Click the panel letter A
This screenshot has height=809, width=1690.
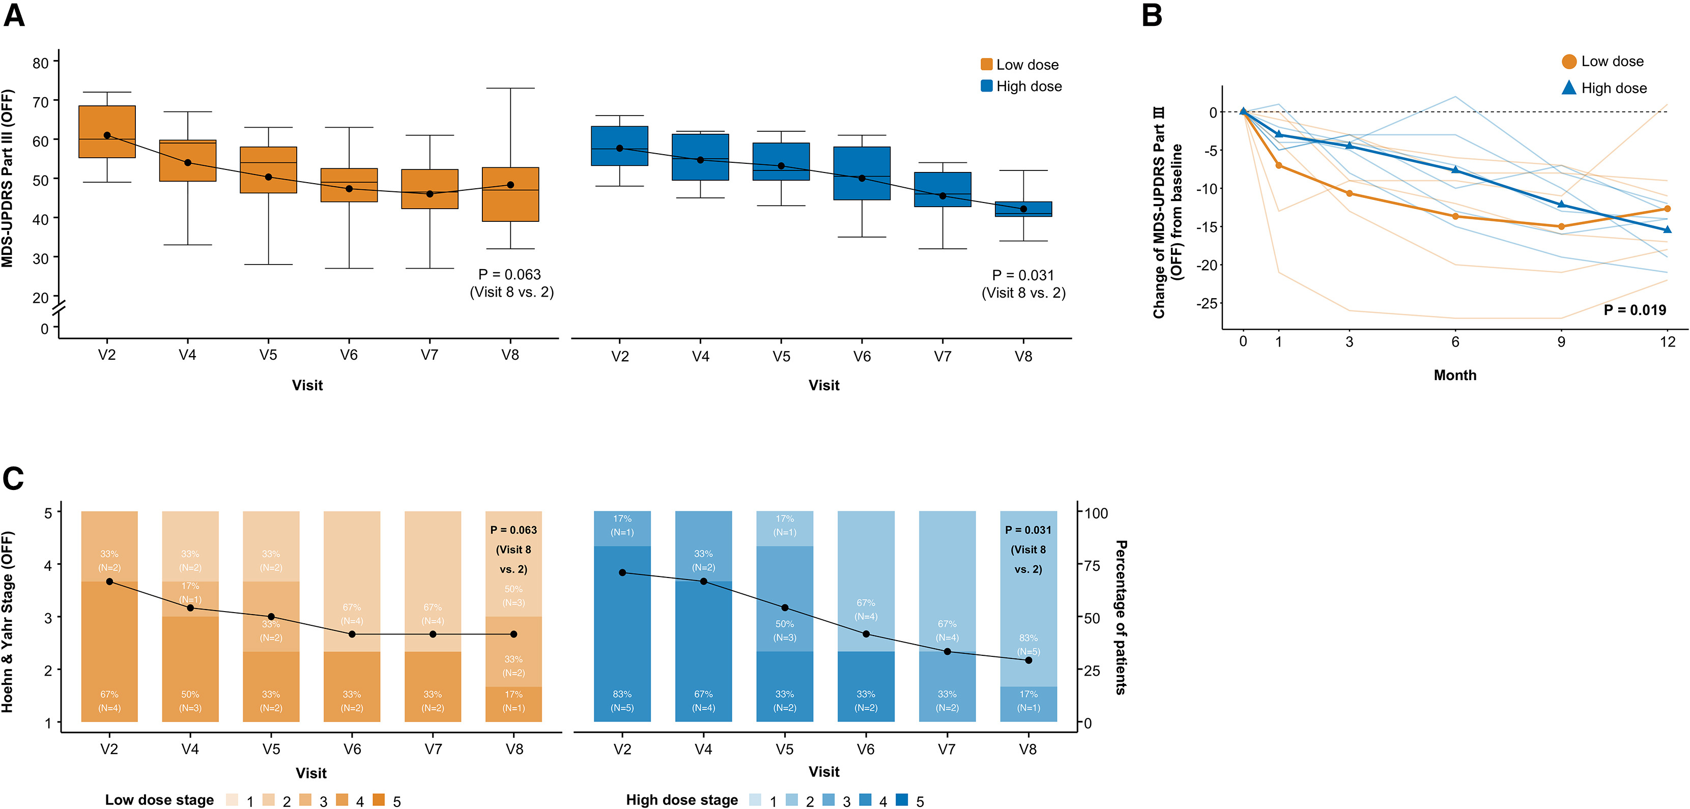point(14,14)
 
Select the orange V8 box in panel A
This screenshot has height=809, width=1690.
point(510,194)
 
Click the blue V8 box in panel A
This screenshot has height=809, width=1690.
point(1023,209)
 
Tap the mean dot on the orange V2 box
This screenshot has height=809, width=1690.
point(107,135)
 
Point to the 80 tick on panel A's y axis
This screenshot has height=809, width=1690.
point(41,63)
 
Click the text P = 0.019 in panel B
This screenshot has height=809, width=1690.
point(1634,310)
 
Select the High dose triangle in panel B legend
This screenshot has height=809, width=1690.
point(1568,88)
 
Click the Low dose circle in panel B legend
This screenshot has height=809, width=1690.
point(1568,62)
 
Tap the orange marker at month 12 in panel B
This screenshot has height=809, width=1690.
point(1667,209)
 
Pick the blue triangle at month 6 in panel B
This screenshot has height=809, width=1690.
point(1455,170)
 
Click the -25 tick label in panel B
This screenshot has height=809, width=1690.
point(1206,303)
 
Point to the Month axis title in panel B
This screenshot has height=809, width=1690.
point(1454,375)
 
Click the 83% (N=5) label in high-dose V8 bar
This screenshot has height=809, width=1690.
point(1028,644)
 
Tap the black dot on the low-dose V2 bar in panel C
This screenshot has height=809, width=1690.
point(109,582)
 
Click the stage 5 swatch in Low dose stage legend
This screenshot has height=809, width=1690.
point(379,800)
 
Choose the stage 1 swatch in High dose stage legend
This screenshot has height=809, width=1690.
point(755,800)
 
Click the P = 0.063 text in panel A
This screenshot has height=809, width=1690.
point(510,274)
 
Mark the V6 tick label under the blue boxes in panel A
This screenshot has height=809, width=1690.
point(862,356)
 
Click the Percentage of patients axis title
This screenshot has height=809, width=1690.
point(1121,617)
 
